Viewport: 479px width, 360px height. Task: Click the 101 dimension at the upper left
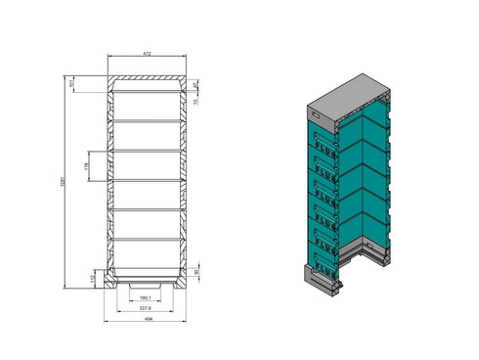(72, 84)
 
